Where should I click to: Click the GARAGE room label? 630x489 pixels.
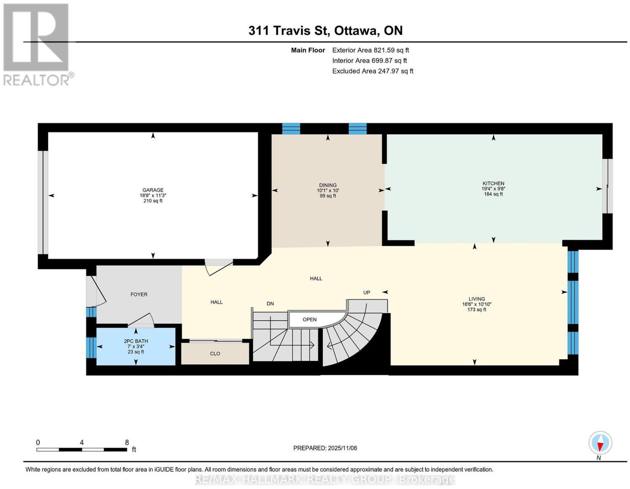pyautogui.click(x=153, y=190)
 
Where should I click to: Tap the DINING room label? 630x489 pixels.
pyautogui.click(x=328, y=185)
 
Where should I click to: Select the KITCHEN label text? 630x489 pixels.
pyautogui.click(x=493, y=183)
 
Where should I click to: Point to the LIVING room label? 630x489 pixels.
pyautogui.click(x=476, y=299)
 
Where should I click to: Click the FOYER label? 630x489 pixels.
pyautogui.click(x=139, y=294)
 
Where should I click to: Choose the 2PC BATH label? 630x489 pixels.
pyautogui.click(x=136, y=341)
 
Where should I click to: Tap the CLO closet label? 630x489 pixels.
pyautogui.click(x=215, y=354)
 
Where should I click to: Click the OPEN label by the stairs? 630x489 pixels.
pyautogui.click(x=309, y=319)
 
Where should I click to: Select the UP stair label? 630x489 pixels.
pyautogui.click(x=367, y=292)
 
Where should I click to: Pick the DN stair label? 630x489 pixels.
pyautogui.click(x=270, y=303)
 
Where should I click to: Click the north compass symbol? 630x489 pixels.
pyautogui.click(x=600, y=443)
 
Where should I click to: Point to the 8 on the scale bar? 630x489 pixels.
pyautogui.click(x=127, y=442)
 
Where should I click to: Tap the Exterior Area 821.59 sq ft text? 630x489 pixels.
pyautogui.click(x=370, y=50)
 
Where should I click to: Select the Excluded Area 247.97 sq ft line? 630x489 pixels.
pyautogui.click(x=372, y=71)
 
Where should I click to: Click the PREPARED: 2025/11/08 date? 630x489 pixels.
pyautogui.click(x=325, y=448)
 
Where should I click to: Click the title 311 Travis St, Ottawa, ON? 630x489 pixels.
pyautogui.click(x=325, y=30)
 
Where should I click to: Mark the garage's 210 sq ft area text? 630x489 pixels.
pyautogui.click(x=153, y=200)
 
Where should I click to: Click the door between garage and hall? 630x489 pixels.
pyautogui.click(x=219, y=266)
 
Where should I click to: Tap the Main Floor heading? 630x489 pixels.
pyautogui.click(x=308, y=50)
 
